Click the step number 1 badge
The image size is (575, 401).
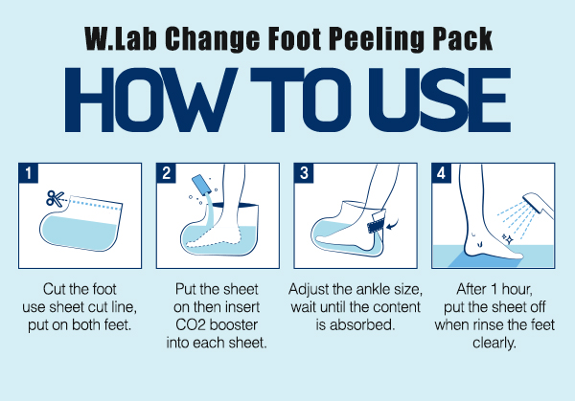coord(29,173)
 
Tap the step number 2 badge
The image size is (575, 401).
coord(166,173)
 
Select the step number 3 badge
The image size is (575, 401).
coord(304,173)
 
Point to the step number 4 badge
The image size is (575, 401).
coord(441,173)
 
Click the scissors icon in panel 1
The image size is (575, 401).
coord(55,199)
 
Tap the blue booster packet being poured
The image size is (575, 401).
coord(200,184)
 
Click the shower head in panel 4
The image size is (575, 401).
coord(538,205)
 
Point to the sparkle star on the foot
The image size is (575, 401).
coord(509,239)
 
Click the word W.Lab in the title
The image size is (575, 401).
coord(121,39)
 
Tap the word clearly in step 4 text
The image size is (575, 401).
coord(494,344)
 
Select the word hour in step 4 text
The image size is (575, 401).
coord(517,289)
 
